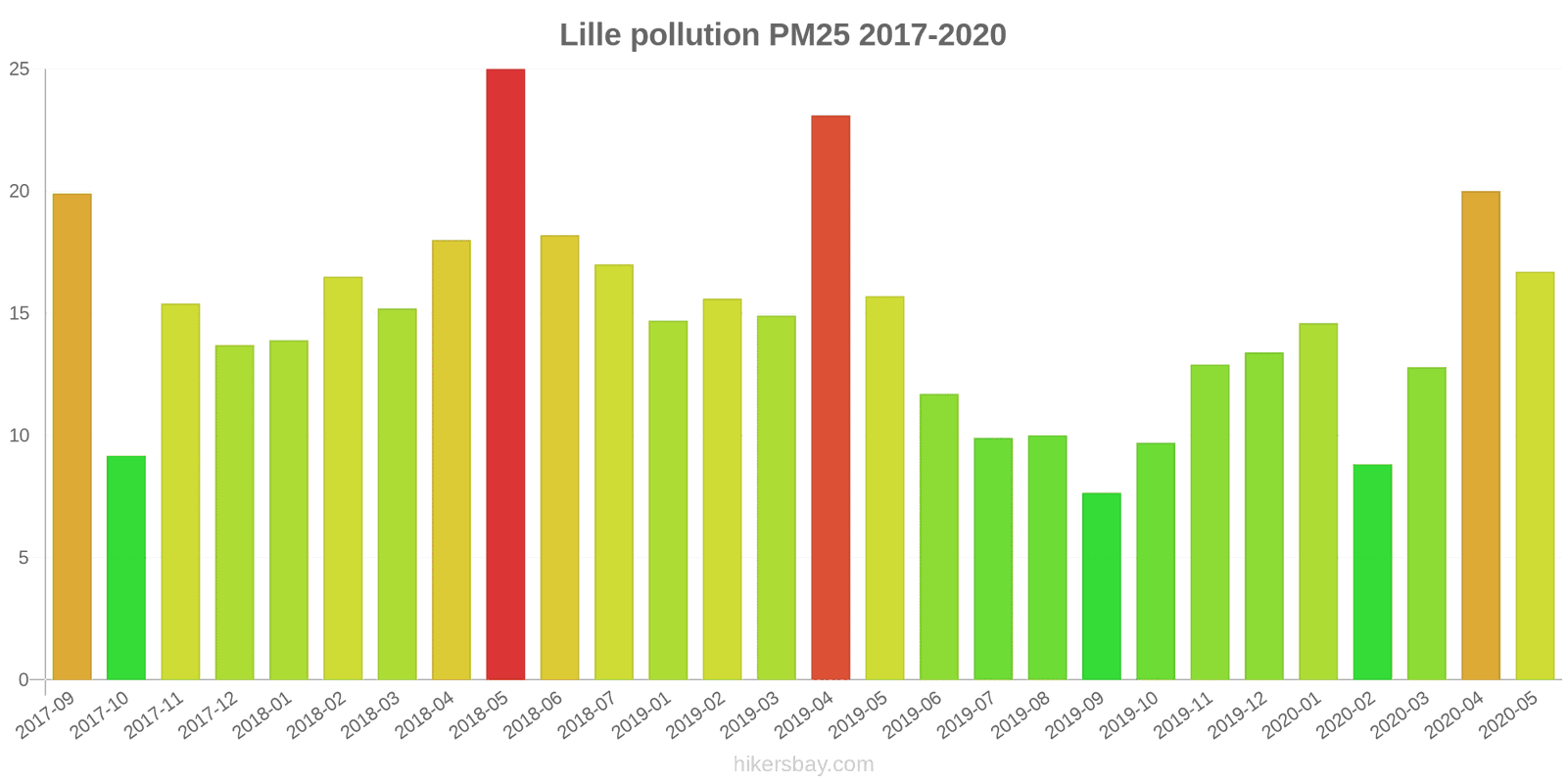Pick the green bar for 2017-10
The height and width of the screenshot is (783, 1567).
pyautogui.click(x=126, y=568)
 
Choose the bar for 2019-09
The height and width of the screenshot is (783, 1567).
pyautogui.click(x=1102, y=586)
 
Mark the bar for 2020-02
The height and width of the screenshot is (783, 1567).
pyautogui.click(x=1372, y=572)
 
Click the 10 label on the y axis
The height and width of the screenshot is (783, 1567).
pyautogui.click(x=20, y=436)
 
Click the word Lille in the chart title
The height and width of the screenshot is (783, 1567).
pyautogui.click(x=591, y=35)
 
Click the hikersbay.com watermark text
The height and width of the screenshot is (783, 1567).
pyautogui.click(x=803, y=764)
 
